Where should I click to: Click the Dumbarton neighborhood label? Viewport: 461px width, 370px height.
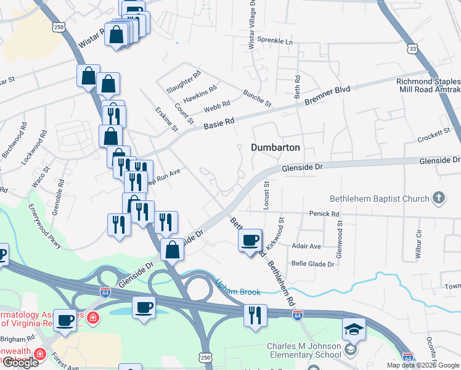275,147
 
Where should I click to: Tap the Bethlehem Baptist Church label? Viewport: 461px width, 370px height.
379,199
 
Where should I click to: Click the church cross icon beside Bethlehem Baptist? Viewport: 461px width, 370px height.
438,198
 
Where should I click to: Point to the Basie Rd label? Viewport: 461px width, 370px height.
219,124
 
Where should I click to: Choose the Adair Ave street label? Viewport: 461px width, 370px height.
306,246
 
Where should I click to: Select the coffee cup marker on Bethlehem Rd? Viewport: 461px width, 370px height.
250,240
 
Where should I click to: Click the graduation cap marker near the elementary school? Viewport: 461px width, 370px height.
354,330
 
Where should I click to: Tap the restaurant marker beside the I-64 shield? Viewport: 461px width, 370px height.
254,316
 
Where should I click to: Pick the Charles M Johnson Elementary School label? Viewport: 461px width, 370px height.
304,350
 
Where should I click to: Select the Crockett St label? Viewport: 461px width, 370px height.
434,133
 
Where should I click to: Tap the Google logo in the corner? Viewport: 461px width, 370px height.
20,363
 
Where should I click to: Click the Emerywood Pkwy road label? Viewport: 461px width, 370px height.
44,227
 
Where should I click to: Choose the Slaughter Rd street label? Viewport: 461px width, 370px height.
184,82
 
